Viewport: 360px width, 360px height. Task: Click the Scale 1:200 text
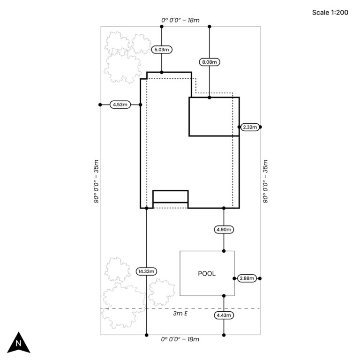pyautogui.click(x=330, y=13)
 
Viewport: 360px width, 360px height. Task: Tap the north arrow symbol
pyautogui.click(x=19, y=343)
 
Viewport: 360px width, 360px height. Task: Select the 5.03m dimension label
pyautogui.click(x=162, y=49)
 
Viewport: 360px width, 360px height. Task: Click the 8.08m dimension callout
pyautogui.click(x=210, y=61)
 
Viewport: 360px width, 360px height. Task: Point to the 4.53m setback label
pyautogui.click(x=120, y=105)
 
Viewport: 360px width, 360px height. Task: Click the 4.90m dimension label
pyautogui.click(x=224, y=229)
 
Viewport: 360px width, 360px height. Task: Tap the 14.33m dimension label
pyautogui.click(x=147, y=271)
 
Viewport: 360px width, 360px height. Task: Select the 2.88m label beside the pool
pyautogui.click(x=247, y=278)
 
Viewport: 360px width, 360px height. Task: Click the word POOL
pyautogui.click(x=207, y=274)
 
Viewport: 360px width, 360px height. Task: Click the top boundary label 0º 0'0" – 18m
pyautogui.click(x=180, y=21)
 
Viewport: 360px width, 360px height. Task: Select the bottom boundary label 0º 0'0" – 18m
pyautogui.click(x=180, y=339)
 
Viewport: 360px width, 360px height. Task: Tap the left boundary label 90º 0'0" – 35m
pyautogui.click(x=96, y=180)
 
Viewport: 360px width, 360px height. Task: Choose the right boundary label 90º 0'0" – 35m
pyautogui.click(x=265, y=180)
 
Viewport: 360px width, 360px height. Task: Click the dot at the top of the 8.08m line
pyautogui.click(x=210, y=27)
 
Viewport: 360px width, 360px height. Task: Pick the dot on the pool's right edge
pyautogui.click(x=234, y=278)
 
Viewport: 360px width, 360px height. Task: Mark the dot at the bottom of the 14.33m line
pyautogui.click(x=147, y=335)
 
